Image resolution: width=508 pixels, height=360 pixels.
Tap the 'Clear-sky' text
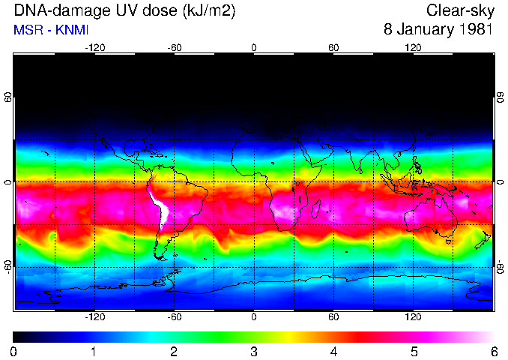(459, 11)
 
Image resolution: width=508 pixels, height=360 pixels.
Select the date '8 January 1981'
(438, 31)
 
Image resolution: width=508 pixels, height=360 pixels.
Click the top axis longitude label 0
(254, 47)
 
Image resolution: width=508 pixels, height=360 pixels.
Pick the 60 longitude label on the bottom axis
(333, 316)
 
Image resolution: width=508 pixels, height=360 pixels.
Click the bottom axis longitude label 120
(413, 316)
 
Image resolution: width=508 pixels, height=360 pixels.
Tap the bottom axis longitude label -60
(174, 316)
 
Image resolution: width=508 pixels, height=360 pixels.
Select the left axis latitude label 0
(8, 182)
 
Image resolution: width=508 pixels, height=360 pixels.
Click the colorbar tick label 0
(14, 351)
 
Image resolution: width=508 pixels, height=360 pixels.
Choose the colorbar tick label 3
(254, 351)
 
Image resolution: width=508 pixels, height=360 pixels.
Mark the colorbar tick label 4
(333, 351)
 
